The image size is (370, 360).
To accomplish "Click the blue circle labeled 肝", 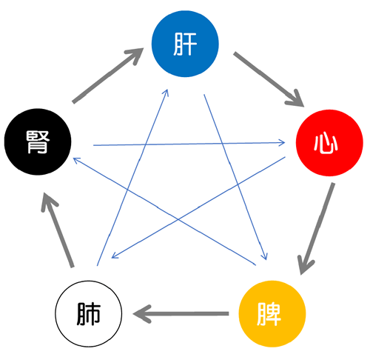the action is click(x=185, y=44).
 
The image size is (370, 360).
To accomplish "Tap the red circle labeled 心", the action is click(x=329, y=143).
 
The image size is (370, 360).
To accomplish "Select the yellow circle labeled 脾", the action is click(x=272, y=313).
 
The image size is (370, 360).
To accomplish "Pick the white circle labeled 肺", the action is click(x=88, y=313).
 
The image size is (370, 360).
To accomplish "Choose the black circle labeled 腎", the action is click(x=38, y=141).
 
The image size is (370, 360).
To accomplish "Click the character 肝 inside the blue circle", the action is click(x=185, y=44).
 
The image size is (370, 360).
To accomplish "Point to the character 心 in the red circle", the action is click(x=326, y=142).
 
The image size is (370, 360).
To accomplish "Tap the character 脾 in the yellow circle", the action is click(x=269, y=314).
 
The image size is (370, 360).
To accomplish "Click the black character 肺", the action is click(x=88, y=314).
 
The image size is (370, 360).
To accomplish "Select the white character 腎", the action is click(x=38, y=142).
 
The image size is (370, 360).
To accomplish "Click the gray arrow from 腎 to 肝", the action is click(x=108, y=76).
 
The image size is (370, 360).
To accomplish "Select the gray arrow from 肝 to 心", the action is click(x=269, y=79).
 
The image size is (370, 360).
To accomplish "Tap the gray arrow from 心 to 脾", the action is click(x=317, y=229).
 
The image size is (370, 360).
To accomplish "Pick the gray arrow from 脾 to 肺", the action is click(x=181, y=314).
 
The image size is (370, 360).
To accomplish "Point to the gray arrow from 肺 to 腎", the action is click(x=58, y=230).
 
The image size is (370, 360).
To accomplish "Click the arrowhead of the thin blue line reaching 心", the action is click(x=282, y=142).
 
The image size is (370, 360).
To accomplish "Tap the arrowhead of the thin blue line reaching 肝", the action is click(x=166, y=93).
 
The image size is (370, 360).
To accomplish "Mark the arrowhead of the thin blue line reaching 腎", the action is click(x=77, y=160).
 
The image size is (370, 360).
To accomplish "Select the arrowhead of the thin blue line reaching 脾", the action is click(x=264, y=256).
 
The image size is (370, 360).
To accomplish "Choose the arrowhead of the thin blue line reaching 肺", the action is click(x=115, y=256).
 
